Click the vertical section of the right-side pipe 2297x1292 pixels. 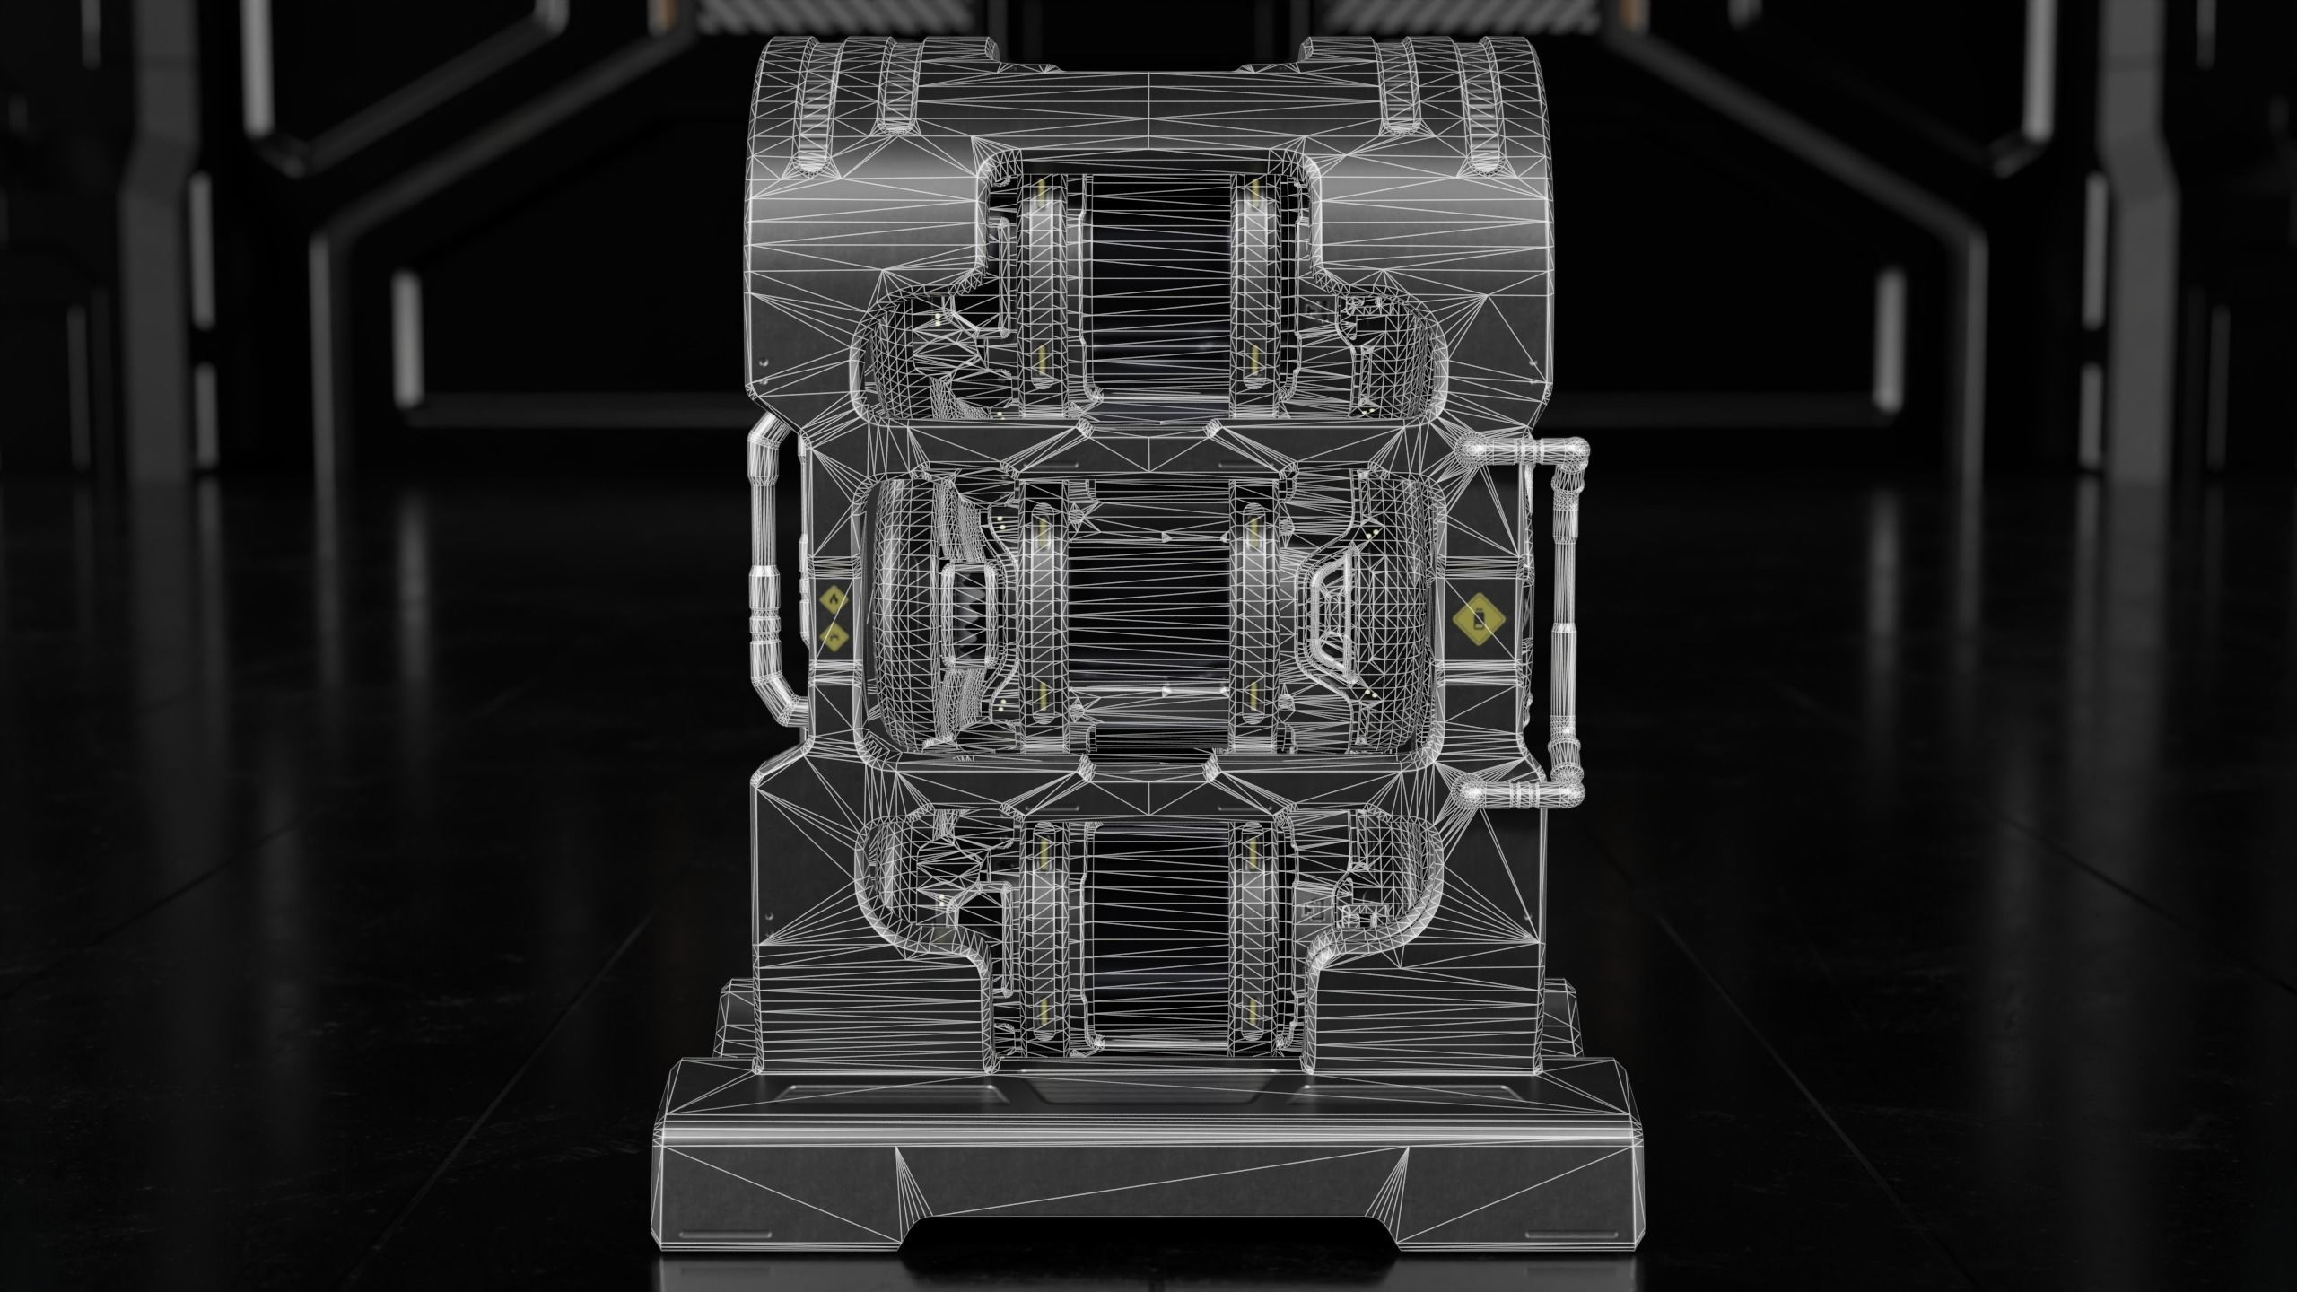click(x=1563, y=619)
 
